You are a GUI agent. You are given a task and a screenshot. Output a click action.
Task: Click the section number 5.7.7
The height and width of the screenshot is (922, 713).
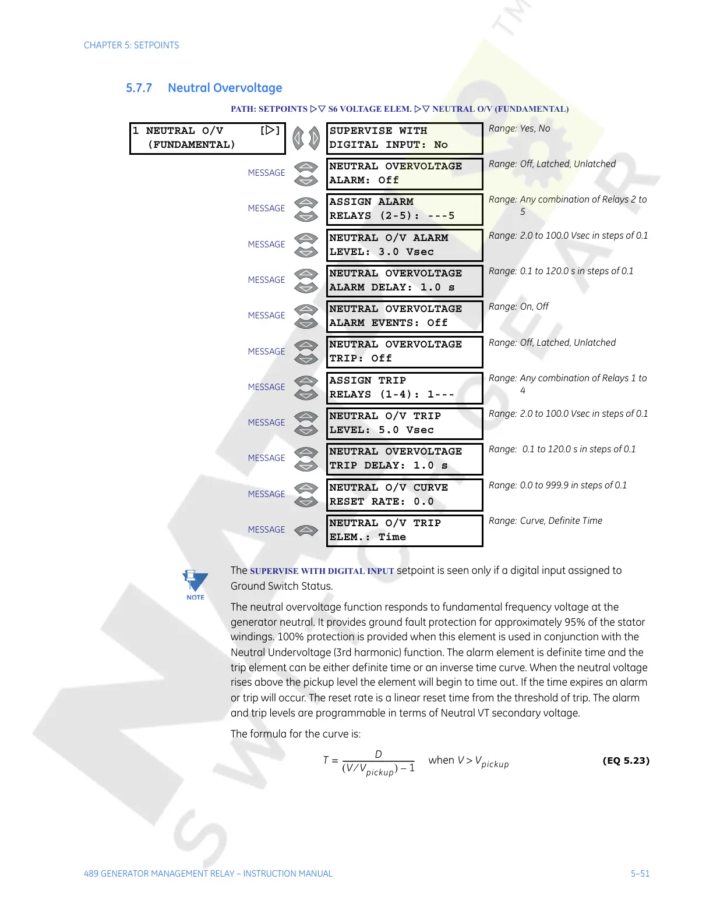(x=139, y=88)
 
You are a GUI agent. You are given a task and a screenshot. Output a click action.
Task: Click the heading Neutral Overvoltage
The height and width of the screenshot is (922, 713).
(x=225, y=88)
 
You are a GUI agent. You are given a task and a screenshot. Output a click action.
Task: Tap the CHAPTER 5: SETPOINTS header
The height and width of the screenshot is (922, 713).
(x=131, y=45)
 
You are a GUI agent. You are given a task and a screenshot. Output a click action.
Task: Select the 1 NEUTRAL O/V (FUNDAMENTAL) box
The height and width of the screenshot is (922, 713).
(x=207, y=138)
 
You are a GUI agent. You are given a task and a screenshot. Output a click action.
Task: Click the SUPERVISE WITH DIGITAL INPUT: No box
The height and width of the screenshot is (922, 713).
(x=404, y=138)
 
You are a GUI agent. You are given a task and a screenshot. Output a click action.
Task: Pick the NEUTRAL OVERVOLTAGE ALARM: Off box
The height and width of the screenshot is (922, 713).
(x=404, y=173)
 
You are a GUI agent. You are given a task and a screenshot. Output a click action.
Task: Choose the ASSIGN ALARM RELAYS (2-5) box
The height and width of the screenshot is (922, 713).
(x=404, y=209)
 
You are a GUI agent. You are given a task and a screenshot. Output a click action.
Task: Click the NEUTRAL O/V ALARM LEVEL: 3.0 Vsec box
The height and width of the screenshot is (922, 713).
(x=404, y=245)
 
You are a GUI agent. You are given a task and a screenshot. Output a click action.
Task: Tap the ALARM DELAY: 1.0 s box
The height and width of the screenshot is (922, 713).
(x=404, y=281)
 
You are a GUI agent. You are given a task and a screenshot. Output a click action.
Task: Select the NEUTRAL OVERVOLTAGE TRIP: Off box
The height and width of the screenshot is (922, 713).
(x=404, y=352)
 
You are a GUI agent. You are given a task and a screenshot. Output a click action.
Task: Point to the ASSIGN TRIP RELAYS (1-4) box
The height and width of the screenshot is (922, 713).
(x=404, y=388)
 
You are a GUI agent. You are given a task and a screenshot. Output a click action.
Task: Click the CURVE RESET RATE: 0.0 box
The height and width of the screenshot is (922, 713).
(x=404, y=495)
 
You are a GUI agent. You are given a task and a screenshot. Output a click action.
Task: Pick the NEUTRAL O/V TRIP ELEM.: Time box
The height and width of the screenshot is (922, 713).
(x=404, y=530)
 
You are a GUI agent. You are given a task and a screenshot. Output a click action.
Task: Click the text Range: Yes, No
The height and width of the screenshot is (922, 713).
(x=519, y=129)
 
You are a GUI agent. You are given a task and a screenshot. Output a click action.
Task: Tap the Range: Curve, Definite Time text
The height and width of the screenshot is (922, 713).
(x=545, y=521)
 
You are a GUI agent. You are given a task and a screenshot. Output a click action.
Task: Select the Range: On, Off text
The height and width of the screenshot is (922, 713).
(x=518, y=307)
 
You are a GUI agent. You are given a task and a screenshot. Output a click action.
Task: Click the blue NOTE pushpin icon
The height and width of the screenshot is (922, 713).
(x=195, y=584)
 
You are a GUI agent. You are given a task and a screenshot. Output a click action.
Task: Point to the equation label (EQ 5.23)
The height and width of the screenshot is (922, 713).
(x=626, y=761)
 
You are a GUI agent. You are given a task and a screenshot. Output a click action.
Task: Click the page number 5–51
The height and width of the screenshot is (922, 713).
(x=640, y=874)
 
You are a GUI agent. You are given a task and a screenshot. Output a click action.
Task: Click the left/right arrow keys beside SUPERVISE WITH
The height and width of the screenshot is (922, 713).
(x=306, y=139)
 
